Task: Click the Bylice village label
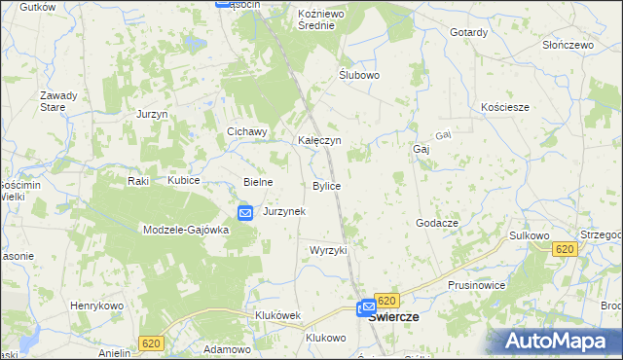[326, 185]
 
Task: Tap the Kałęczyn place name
[318, 140]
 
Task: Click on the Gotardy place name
[468, 32]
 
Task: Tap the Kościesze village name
[505, 107]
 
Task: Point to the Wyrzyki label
[328, 250]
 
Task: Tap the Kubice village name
[183, 181]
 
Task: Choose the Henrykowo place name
[94, 306]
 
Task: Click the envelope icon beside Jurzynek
[245, 212]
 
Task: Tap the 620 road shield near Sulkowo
[565, 250]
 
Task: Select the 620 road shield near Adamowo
[150, 343]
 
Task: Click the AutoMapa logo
[560, 341]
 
